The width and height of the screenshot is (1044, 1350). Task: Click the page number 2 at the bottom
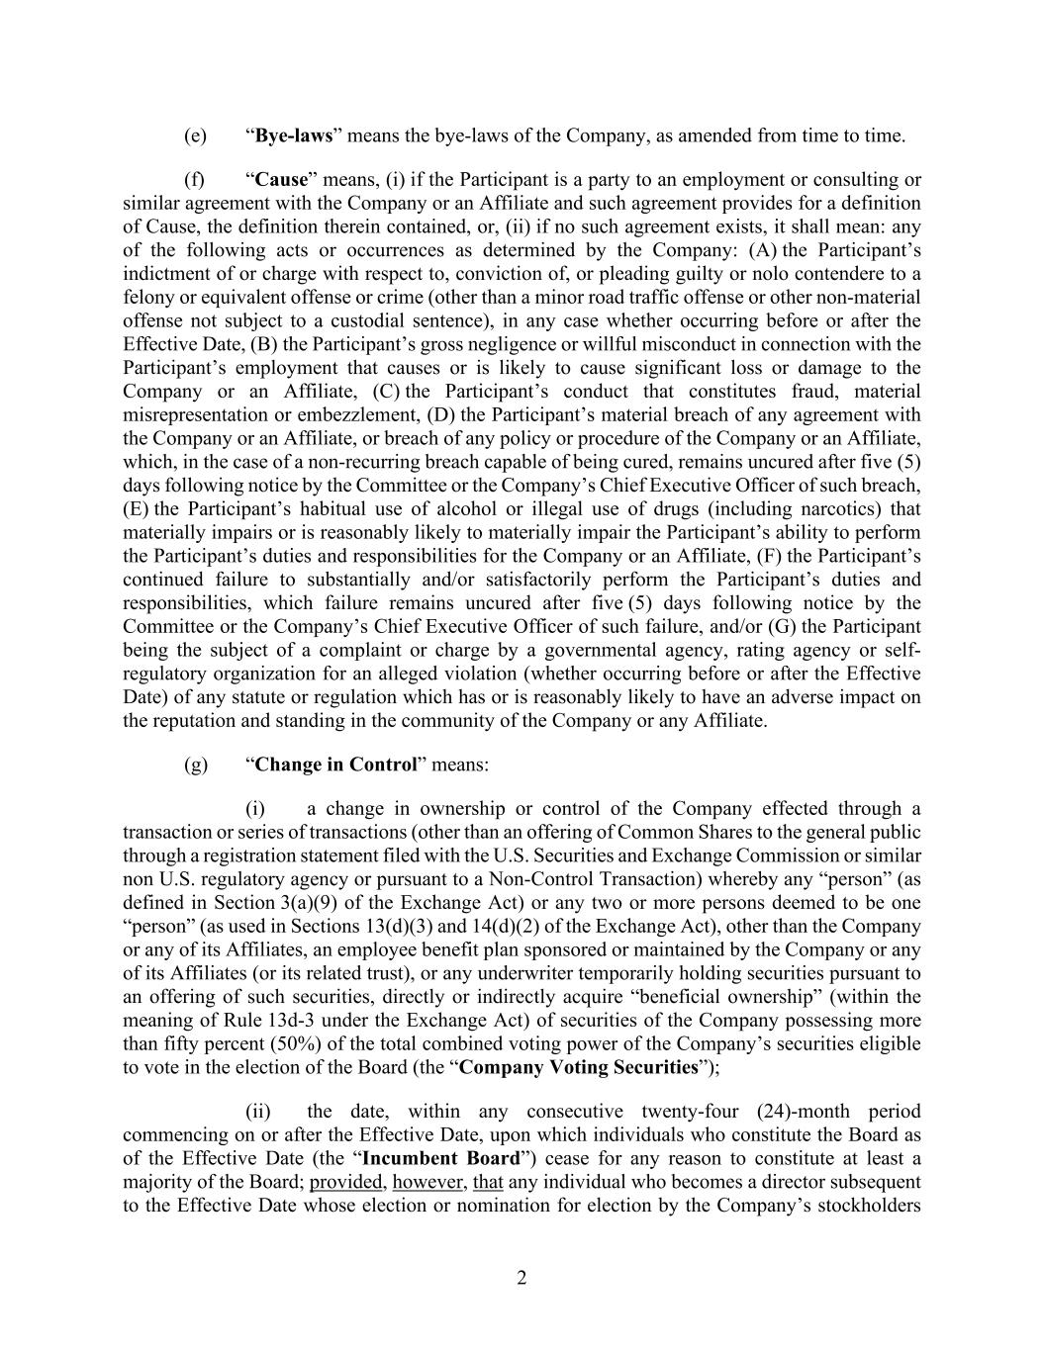(x=522, y=1278)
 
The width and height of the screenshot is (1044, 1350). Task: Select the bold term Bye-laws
(x=294, y=135)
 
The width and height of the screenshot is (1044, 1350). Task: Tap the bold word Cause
(x=282, y=180)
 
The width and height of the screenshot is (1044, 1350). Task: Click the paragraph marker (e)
(x=195, y=135)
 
